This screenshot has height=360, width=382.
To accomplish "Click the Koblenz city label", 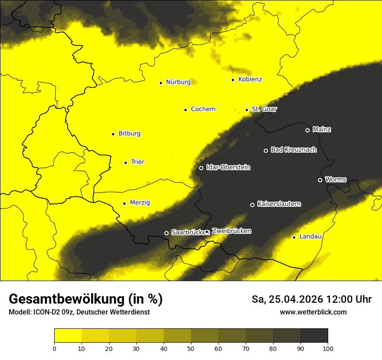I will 250,79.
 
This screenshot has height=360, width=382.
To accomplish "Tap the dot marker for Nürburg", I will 161,83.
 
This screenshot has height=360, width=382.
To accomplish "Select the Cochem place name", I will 203,109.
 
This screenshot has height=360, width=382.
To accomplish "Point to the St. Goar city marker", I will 247,110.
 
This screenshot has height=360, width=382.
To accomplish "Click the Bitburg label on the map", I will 129,134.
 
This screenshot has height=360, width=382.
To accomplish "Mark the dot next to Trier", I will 125,163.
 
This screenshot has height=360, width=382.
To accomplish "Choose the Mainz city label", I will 322,130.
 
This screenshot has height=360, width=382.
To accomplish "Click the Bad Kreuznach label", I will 293,150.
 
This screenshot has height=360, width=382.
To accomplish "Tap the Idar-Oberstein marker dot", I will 201,168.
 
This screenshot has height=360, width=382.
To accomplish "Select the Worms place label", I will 336,180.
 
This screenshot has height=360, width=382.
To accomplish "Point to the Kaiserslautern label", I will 279,204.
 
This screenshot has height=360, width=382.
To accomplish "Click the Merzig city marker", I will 124,203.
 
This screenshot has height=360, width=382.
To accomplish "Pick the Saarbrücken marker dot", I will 166,233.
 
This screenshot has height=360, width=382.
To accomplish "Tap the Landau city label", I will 310,237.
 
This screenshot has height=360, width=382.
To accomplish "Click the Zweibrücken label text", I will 231,231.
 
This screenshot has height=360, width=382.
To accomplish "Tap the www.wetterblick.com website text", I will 313,312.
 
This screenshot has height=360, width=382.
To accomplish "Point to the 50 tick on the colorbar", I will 191,348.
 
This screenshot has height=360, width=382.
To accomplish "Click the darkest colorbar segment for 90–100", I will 314,335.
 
